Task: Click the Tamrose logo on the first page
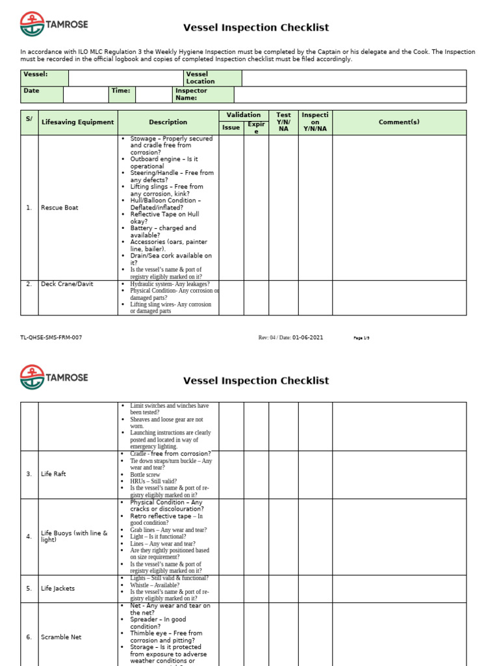coord(55,25)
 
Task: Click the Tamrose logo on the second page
coord(55,377)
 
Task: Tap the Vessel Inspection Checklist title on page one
coord(256,27)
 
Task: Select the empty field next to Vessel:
coord(125,78)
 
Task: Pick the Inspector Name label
coord(191,94)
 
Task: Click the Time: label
coord(121,91)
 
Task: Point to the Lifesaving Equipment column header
coord(77,122)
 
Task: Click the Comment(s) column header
coord(399,122)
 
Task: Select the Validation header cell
coord(243,115)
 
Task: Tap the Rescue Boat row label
coord(60,208)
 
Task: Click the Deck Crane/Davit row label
coord(67,284)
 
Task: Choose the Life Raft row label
coord(53,474)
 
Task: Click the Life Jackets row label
coord(58,589)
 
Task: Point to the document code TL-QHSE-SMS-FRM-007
coord(51,338)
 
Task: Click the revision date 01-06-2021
coord(307,338)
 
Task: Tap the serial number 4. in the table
coord(29,537)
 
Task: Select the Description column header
coord(168,122)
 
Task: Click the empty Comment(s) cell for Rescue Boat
coord(399,208)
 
